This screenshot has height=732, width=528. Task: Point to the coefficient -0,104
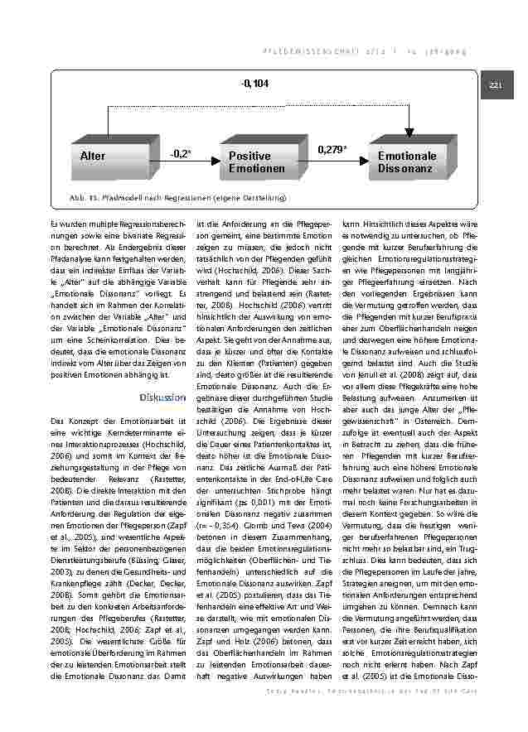tap(255, 84)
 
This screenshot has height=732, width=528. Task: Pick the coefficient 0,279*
tap(332, 149)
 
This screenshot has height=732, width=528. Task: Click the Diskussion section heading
tap(163, 397)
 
